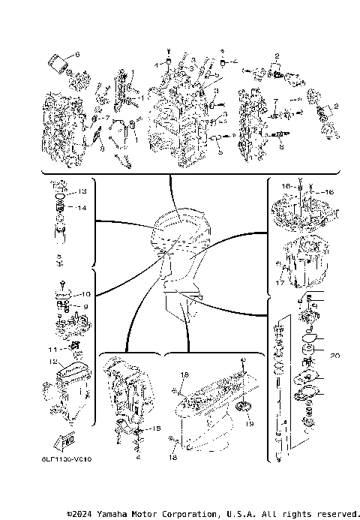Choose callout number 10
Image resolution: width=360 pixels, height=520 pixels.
(x=85, y=294)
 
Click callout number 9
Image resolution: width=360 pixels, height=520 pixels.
(x=85, y=307)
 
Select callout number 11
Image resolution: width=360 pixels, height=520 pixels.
(x=53, y=349)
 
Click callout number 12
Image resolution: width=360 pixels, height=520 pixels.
(x=53, y=362)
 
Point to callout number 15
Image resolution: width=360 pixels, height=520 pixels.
(x=156, y=428)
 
